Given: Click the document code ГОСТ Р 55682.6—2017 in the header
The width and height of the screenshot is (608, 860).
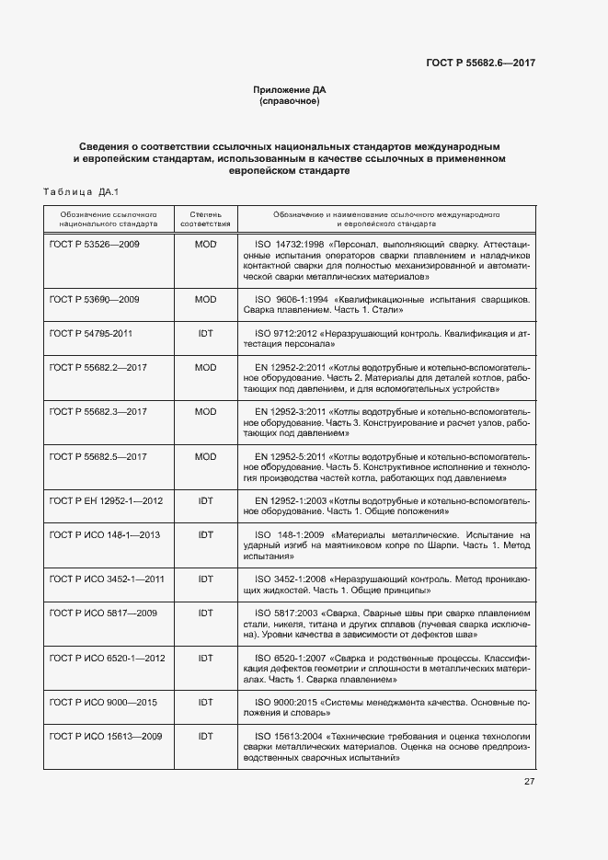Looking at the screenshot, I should click(x=480, y=63).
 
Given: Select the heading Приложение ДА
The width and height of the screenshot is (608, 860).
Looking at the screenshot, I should click(x=290, y=89).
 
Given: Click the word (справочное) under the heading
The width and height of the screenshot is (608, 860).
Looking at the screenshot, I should click(x=290, y=101).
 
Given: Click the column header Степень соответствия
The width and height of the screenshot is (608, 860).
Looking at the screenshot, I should click(x=205, y=218).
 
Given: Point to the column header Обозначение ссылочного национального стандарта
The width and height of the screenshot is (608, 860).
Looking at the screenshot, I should click(x=108, y=218).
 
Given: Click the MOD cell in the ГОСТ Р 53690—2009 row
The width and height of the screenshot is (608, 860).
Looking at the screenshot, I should click(x=205, y=300).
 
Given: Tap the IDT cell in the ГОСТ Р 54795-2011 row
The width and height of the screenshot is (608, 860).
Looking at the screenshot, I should click(x=205, y=333).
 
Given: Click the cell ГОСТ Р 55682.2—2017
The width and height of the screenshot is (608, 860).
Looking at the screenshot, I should click(x=98, y=367).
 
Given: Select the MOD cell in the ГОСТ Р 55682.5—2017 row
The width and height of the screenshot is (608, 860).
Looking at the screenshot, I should click(x=205, y=456).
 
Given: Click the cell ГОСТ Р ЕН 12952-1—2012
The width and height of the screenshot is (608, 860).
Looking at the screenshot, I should click(x=106, y=500).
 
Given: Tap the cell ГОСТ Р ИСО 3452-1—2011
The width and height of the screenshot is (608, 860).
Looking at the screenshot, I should click(x=107, y=579).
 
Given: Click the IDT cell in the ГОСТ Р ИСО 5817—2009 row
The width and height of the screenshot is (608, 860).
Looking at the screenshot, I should click(x=205, y=613).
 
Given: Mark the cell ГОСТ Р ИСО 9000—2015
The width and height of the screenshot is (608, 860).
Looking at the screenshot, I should click(x=104, y=702).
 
